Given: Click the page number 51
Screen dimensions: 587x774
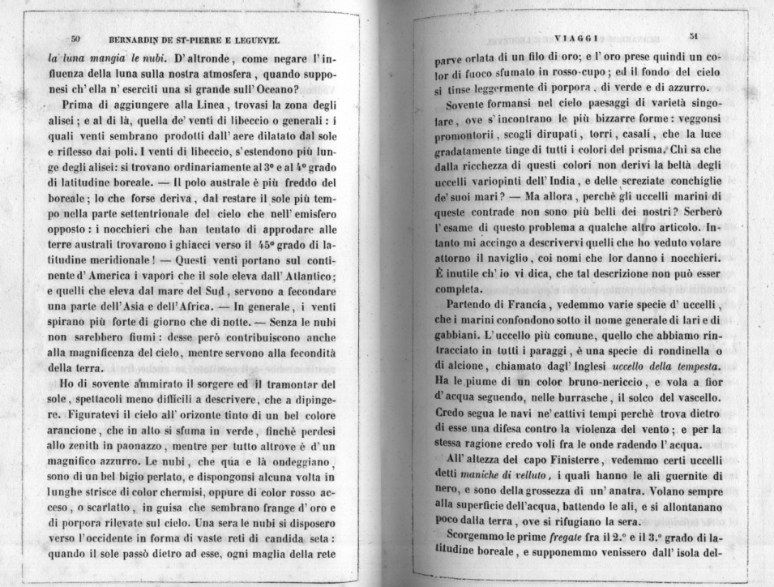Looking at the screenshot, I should point(693,36).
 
